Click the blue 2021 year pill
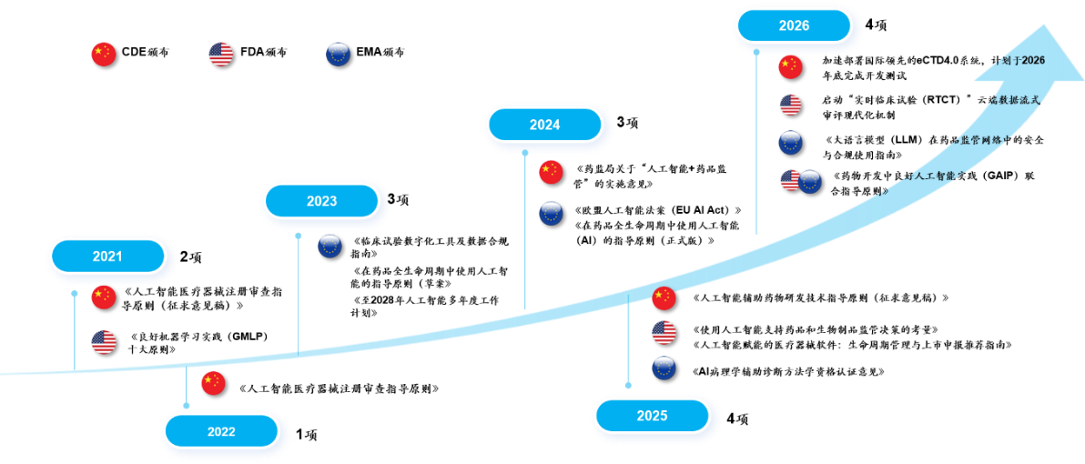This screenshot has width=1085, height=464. point(107,256)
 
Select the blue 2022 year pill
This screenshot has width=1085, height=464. point(221,432)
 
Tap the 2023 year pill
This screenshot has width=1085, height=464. point(321,201)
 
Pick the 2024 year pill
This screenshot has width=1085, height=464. point(544,125)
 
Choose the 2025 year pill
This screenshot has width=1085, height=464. point(651,416)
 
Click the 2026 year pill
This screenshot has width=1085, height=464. point(793,25)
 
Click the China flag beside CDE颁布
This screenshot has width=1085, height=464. point(104,54)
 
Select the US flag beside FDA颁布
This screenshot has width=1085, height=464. point(221,54)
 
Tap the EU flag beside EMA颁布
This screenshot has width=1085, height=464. point(338,54)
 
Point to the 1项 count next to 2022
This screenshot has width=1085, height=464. point(307,435)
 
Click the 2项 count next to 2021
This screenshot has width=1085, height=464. point(190,257)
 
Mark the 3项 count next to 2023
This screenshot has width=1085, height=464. point(398,200)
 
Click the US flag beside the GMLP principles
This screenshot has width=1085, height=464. point(104,342)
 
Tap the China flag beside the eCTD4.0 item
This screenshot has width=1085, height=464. point(790,67)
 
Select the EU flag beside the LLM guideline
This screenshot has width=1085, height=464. point(790,143)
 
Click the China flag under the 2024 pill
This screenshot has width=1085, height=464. point(552,173)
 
